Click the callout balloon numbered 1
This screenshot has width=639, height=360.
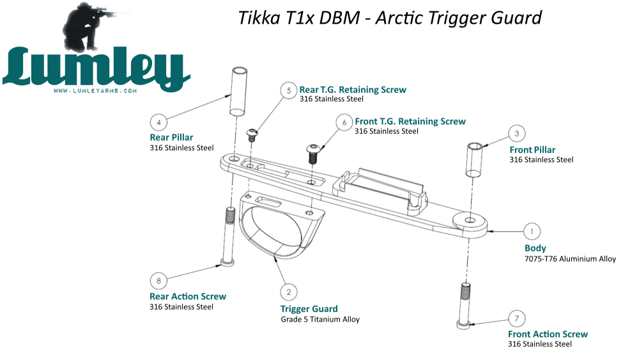532,231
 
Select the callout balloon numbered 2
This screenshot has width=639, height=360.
289,292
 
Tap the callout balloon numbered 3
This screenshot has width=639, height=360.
517,134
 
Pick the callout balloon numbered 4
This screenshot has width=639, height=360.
159,121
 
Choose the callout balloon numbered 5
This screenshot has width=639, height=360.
289,91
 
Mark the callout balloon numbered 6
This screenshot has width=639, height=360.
344,122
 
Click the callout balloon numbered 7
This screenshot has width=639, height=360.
516,318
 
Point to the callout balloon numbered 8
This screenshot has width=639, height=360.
158,280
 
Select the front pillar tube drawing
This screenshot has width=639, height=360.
474,160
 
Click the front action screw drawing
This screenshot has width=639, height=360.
465,306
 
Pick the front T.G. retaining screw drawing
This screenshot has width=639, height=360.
313,153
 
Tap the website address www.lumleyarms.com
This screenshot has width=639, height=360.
96,91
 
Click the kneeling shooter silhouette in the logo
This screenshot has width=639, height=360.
89,29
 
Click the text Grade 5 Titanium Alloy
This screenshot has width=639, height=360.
320,319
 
